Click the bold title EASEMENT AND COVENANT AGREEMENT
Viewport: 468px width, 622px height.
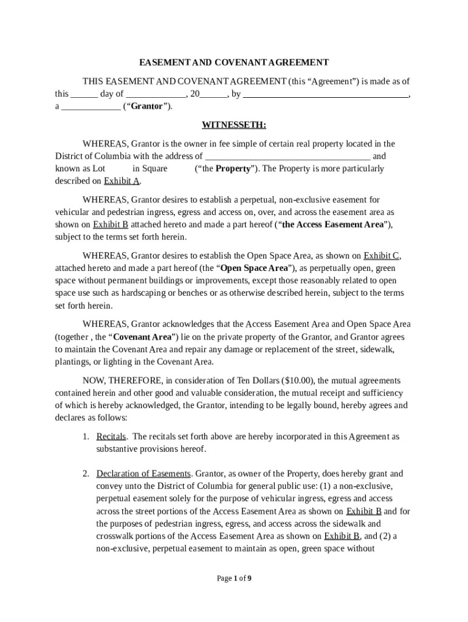[x=234, y=63]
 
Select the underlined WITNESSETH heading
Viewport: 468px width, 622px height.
[x=234, y=125]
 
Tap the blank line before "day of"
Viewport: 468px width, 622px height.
[x=84, y=95]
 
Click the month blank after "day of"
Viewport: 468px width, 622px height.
[x=156, y=95]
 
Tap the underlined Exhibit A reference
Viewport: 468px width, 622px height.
[x=122, y=181]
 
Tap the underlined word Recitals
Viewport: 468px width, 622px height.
[x=111, y=437]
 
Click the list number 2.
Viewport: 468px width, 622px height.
[x=86, y=474]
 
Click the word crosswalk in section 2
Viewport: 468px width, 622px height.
[x=115, y=536]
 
